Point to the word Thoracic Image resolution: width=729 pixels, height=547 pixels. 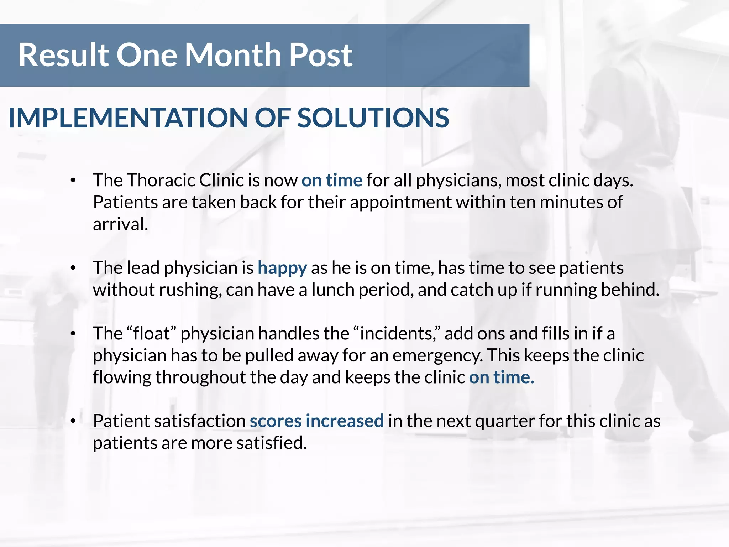tap(161, 180)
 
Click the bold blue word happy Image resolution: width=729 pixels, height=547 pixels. tap(282, 268)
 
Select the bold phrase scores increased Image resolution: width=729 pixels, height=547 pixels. tap(316, 421)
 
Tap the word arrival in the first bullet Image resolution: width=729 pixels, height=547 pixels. tap(120, 224)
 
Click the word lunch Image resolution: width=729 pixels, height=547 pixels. tap(333, 290)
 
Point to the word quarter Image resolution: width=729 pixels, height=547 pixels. tap(505, 421)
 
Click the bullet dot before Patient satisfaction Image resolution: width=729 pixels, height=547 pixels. tap(73, 421)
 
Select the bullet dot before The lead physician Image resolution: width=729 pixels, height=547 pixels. tap(73, 268)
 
